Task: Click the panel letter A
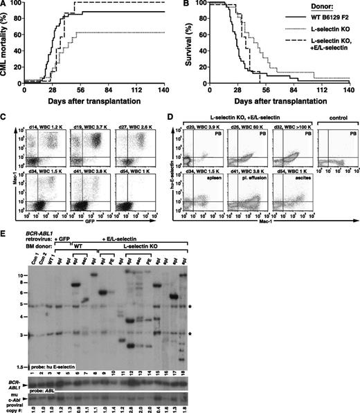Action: coord(6,5)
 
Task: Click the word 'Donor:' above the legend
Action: coord(318,10)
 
